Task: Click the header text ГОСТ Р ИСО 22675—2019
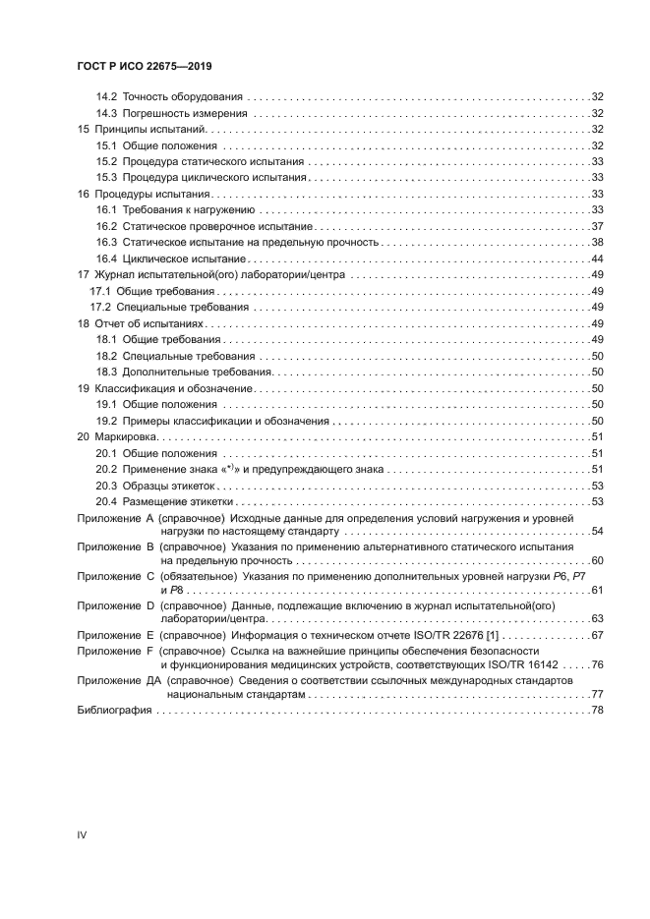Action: coord(146,66)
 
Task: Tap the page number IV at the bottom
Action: coord(83,835)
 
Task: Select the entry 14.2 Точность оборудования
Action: coord(169,97)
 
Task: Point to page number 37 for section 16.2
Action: coord(596,226)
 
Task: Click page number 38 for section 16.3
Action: coord(596,242)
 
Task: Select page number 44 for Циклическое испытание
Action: coord(596,258)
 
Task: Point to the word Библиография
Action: coord(114,711)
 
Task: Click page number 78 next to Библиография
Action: coord(596,711)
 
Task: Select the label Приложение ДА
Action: coord(119,679)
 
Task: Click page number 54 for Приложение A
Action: coord(596,531)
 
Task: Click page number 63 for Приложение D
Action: coord(596,619)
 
